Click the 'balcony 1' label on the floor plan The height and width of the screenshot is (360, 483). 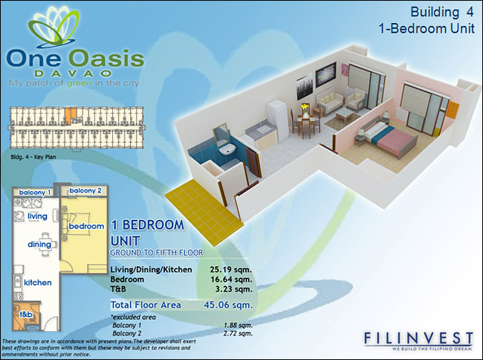point(34,193)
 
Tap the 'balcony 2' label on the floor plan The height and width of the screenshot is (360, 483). point(85,190)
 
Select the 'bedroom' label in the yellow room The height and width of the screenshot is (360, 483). point(86,226)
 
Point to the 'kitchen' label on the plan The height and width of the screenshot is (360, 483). point(38,283)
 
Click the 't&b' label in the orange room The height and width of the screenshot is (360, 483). point(26,315)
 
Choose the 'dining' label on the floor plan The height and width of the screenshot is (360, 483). point(39,245)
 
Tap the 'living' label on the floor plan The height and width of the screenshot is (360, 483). point(37,216)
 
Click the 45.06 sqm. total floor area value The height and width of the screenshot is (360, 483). point(228,305)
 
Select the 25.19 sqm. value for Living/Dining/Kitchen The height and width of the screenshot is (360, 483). point(231,270)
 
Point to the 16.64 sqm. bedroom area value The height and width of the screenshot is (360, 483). point(231,280)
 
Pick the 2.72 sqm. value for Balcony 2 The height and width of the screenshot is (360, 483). point(238,333)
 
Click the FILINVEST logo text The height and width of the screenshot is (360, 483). point(418,338)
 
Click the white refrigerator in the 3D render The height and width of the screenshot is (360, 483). point(278,120)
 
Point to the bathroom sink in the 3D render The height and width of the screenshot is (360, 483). point(227,150)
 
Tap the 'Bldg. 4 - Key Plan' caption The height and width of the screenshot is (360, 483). point(33,157)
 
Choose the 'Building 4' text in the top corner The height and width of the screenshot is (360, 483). point(441,12)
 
